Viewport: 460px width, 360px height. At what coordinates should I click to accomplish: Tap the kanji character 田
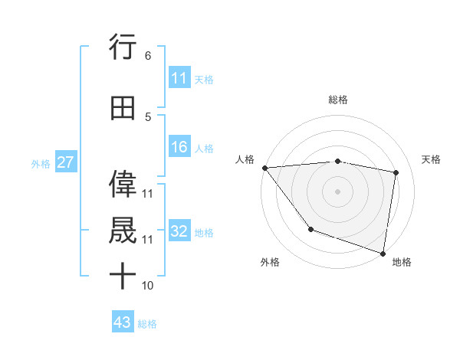pos(123,109)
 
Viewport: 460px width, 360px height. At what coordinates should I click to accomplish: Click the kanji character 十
pos(123,276)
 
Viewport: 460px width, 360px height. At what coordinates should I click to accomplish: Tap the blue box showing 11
pos(179,78)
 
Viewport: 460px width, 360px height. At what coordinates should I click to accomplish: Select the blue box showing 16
pos(179,147)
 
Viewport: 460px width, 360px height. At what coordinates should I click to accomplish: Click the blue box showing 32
pos(179,231)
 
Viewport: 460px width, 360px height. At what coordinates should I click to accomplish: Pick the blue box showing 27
pos(65,162)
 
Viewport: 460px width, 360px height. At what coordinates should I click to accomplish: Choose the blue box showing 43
pos(123,322)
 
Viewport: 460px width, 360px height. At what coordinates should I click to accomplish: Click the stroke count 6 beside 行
pos(147,56)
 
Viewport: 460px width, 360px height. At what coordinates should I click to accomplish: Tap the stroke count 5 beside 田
pos(147,117)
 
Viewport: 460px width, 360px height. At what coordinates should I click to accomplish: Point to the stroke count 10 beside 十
pos(148,285)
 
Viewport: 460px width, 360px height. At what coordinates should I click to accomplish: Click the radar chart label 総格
pos(338,100)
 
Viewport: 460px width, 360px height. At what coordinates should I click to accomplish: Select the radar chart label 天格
pos(432,159)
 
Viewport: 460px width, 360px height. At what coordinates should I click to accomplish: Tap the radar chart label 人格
pos(245,159)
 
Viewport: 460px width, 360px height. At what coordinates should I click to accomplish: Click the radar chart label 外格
pos(270,262)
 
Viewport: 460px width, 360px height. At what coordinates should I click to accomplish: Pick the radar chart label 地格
pos(402,262)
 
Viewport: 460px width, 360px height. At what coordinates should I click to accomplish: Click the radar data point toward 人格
pos(264,168)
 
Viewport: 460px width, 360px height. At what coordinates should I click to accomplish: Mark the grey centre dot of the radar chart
pos(338,191)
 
